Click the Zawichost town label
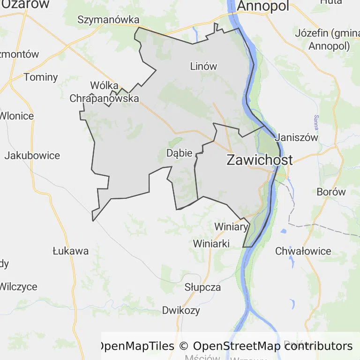[x=259, y=160]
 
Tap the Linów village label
[x=203, y=66]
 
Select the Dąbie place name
[x=179, y=153]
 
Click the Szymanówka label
[x=109, y=20]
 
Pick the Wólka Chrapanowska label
[x=104, y=92]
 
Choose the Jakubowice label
[x=32, y=156]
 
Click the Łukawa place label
[x=70, y=251]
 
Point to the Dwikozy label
[x=181, y=310]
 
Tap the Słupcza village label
[x=202, y=287]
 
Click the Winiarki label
[x=211, y=244]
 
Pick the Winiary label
[x=231, y=227]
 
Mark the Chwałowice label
[x=303, y=251]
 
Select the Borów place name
[x=331, y=192]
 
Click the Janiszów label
[x=297, y=138]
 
